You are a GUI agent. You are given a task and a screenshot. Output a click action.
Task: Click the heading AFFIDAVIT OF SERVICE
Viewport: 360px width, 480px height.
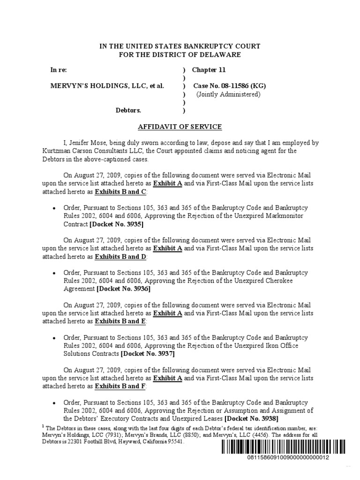pyautogui.click(x=180, y=127)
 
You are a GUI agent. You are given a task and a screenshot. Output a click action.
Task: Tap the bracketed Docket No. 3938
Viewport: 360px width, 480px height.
pyautogui.click(x=251, y=418)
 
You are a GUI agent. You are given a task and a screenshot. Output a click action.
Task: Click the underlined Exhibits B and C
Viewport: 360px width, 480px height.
pyautogui.click(x=120, y=192)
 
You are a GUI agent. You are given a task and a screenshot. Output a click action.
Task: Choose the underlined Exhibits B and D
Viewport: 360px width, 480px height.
pyautogui.click(x=120, y=256)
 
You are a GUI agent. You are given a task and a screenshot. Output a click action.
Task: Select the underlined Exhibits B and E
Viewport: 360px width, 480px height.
pyautogui.click(x=120, y=321)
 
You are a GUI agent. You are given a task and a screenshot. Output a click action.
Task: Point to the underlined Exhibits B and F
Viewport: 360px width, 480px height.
pyautogui.click(x=120, y=386)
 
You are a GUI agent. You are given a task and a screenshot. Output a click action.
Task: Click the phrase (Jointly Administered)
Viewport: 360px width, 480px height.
pyautogui.click(x=228, y=94)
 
